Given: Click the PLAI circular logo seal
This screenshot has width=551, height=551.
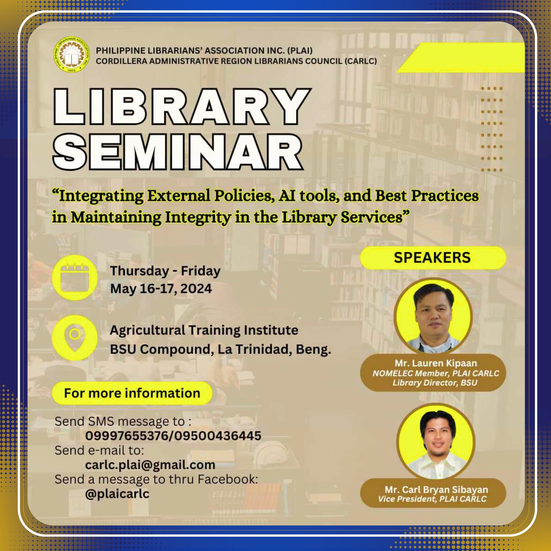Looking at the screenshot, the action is [x=71, y=54].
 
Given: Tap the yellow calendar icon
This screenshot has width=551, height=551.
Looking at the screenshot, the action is [x=75, y=278].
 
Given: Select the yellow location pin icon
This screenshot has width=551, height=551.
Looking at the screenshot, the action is [x=75, y=337].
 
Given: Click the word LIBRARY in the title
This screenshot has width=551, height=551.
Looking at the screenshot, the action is [x=183, y=106].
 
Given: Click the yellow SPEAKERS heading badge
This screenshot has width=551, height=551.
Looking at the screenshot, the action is [x=433, y=257].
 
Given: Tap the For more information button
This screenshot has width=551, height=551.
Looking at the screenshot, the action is [x=132, y=393].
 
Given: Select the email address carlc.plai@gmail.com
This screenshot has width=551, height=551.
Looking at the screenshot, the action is [x=150, y=465].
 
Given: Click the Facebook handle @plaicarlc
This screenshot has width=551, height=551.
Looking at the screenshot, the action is [x=117, y=494].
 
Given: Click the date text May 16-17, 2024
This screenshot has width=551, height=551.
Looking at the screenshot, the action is [x=161, y=289].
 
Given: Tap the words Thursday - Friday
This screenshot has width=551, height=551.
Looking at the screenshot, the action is [x=165, y=271].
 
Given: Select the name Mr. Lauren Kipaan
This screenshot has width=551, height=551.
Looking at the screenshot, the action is [x=436, y=363].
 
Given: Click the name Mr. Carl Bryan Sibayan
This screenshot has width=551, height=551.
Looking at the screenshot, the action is [x=436, y=490].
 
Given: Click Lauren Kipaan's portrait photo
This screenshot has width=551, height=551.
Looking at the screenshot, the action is [x=433, y=316].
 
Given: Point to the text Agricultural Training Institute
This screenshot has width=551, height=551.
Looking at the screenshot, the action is [x=204, y=330].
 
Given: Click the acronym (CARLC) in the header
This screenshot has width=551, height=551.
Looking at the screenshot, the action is [x=361, y=61].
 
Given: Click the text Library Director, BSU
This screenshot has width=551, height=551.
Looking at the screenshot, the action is [x=435, y=383].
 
